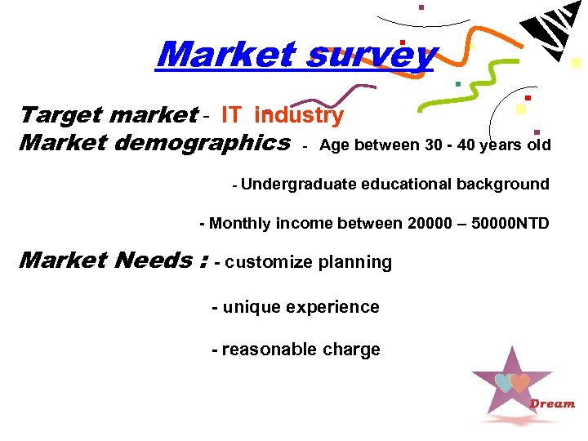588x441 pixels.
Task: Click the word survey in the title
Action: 372,56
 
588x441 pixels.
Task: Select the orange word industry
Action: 299,116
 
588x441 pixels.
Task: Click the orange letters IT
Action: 231,116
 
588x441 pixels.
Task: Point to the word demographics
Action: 203,143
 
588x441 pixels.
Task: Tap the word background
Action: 502,185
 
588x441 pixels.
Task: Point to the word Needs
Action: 154,261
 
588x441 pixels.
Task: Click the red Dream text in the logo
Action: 552,403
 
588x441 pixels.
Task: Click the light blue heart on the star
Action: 505,382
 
